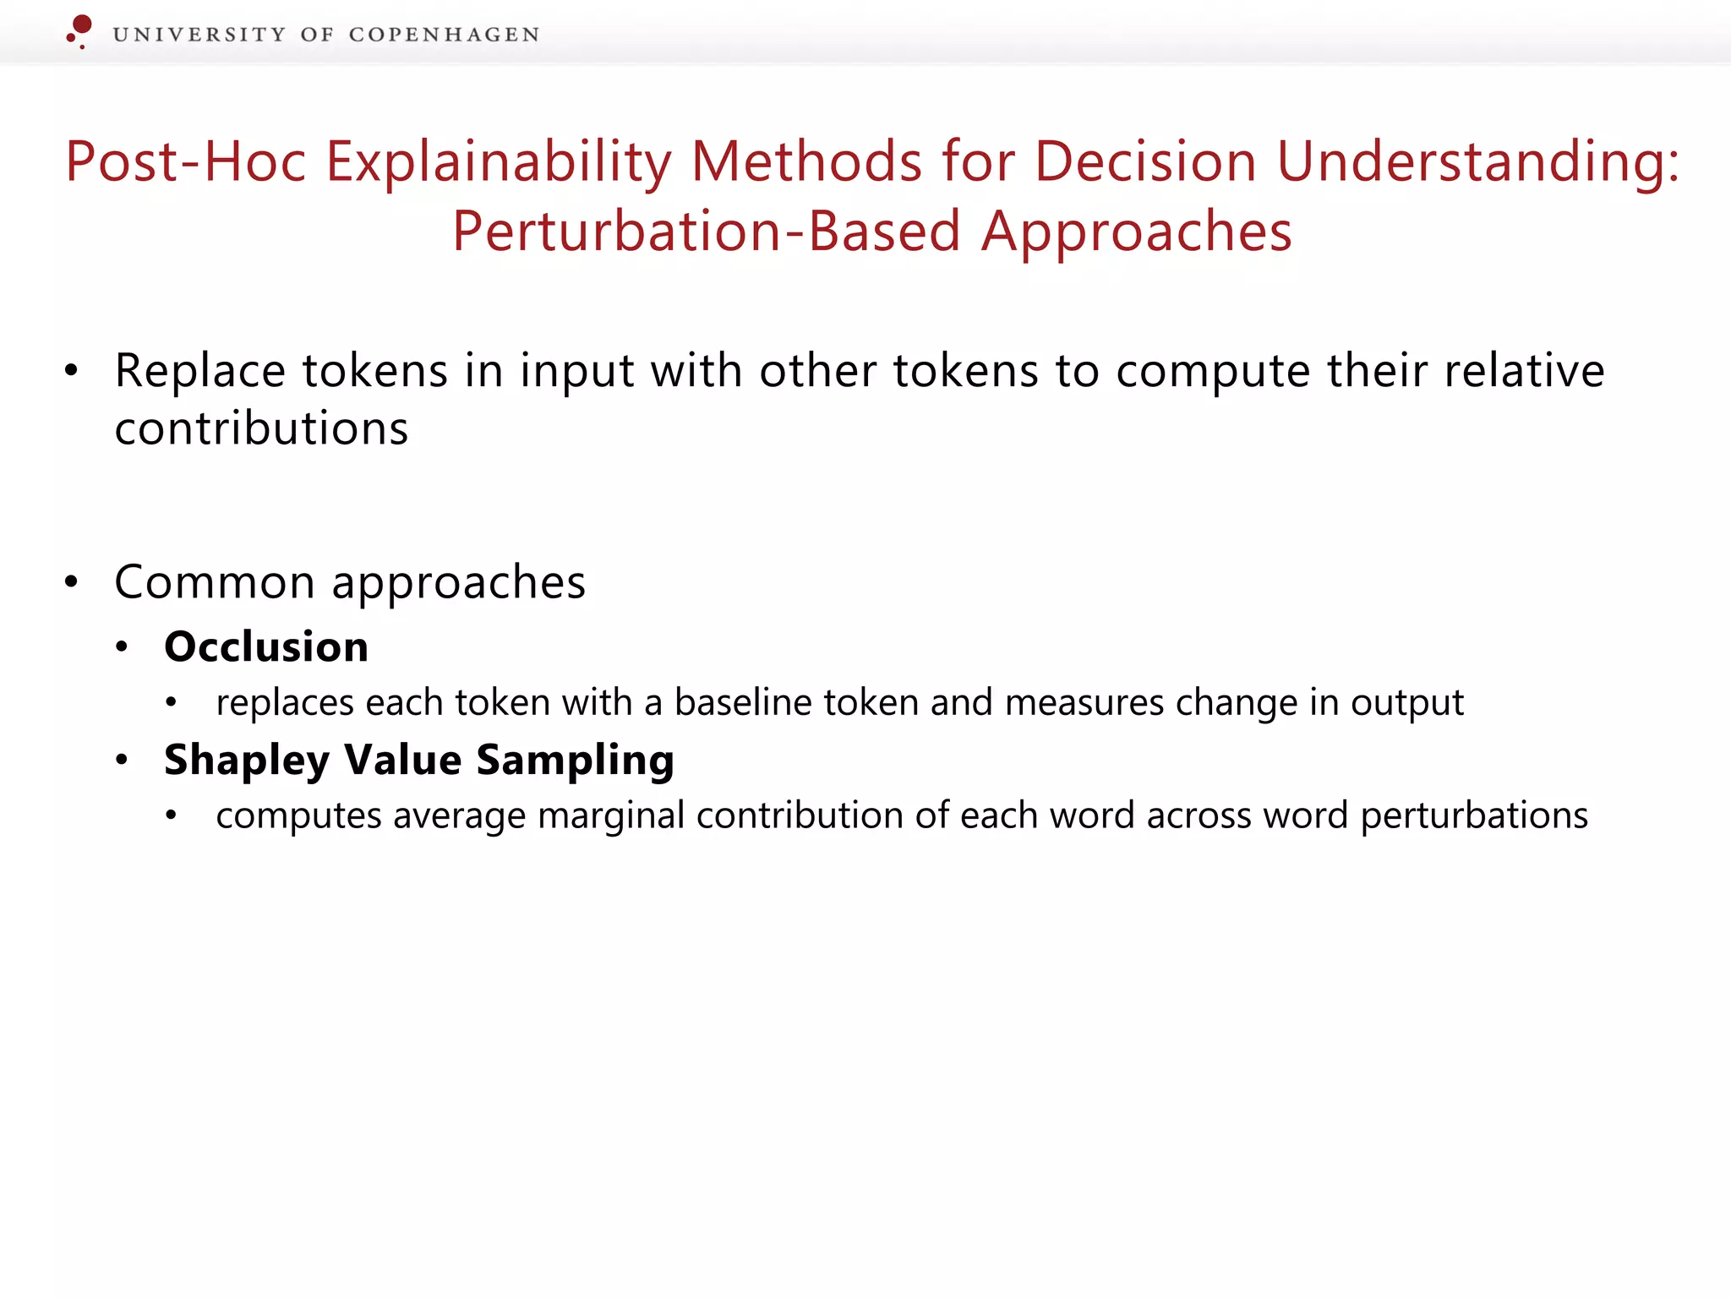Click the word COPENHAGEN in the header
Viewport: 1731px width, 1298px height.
tap(444, 35)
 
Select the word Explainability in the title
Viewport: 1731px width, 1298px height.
tap(499, 161)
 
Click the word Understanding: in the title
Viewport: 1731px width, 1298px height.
tap(1477, 161)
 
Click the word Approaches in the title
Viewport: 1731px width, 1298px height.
tap(1137, 232)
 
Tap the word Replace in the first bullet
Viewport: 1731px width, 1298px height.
tap(200, 371)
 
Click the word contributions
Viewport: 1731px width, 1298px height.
tap(261, 428)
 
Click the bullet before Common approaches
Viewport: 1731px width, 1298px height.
tap(72, 581)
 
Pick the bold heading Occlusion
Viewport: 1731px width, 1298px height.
tap(266, 647)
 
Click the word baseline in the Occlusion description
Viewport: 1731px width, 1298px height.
tap(743, 703)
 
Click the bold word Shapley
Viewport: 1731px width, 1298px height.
tap(247, 761)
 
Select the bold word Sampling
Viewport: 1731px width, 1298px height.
tap(575, 761)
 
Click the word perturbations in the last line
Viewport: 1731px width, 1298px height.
tap(1474, 816)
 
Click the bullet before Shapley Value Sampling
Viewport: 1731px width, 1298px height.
tap(122, 761)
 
